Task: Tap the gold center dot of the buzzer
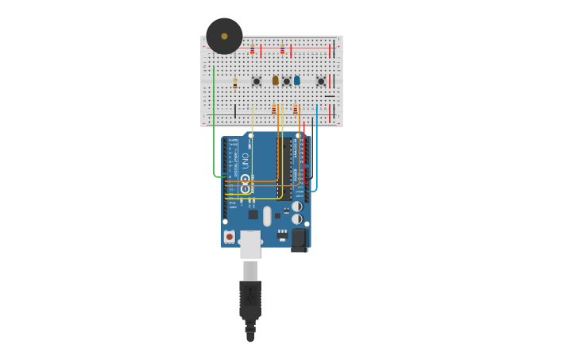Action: click(224, 36)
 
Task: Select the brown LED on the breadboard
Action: click(276, 80)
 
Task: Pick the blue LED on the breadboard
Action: click(297, 80)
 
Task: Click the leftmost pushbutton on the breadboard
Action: click(256, 81)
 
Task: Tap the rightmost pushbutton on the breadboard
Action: click(321, 81)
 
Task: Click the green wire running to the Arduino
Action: click(214, 127)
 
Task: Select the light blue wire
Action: click(316, 151)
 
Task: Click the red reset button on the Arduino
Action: click(230, 236)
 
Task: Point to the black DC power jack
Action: click(299, 238)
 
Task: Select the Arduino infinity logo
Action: click(245, 180)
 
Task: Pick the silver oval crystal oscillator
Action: click(267, 216)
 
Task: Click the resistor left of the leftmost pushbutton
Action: click(235, 82)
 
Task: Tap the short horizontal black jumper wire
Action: click(329, 96)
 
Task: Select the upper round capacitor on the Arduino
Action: click(296, 207)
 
